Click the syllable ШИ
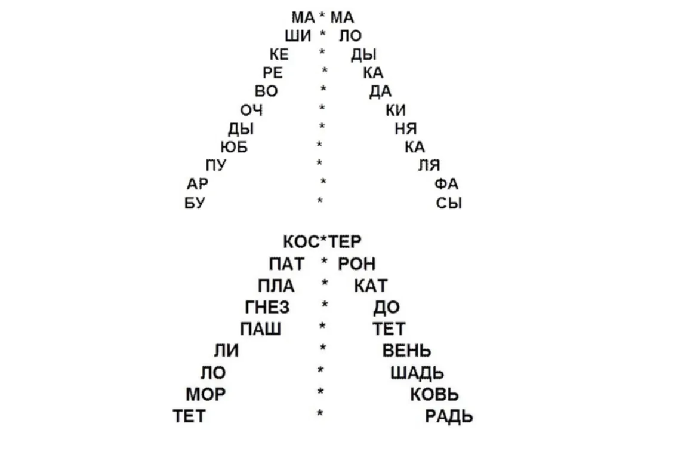(297, 36)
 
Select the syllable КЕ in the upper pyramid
(279, 55)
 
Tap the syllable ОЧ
(251, 111)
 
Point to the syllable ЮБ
(234, 148)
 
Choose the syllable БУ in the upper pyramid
(195, 203)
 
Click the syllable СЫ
(449, 203)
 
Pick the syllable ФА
(446, 184)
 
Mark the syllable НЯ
(406, 128)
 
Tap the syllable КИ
(396, 111)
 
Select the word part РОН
(357, 264)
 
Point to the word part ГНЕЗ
(267, 308)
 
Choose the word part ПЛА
(276, 286)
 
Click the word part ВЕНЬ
(407, 351)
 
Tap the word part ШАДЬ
(417, 373)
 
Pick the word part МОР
(206, 395)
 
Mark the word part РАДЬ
(449, 416)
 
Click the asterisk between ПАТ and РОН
(325, 261)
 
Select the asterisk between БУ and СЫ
(320, 200)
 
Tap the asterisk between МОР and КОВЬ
(320, 391)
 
